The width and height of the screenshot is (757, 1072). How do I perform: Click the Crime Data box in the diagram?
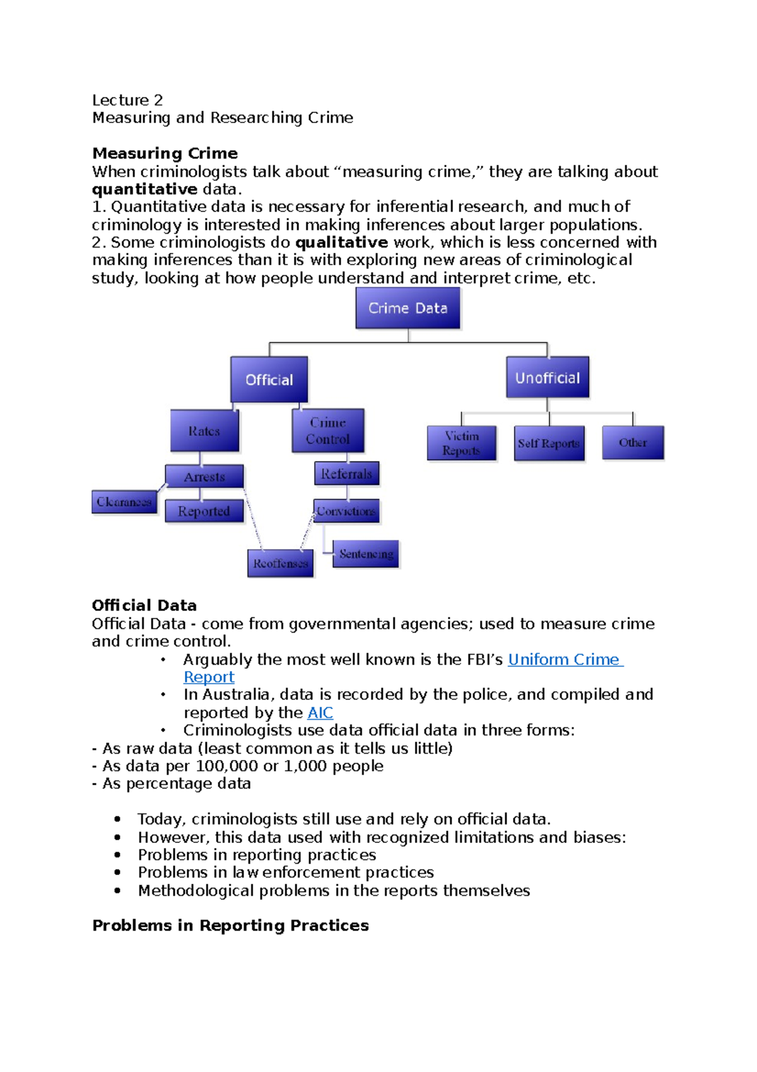(x=408, y=308)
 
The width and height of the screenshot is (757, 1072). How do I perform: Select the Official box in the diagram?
(x=269, y=379)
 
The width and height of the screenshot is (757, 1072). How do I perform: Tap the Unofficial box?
(x=548, y=378)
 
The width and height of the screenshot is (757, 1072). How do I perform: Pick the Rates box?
(x=204, y=431)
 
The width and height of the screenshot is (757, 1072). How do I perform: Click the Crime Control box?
(x=328, y=431)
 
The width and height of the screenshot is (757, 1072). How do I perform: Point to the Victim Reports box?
(x=461, y=443)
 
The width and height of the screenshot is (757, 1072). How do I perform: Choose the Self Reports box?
(x=549, y=443)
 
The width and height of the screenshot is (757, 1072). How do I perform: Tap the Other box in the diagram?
(x=633, y=443)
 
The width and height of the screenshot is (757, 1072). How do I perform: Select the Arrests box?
(x=204, y=477)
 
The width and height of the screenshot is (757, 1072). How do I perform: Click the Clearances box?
(x=124, y=502)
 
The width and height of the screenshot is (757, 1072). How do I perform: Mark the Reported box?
(x=204, y=511)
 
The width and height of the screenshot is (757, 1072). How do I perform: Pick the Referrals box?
(x=346, y=473)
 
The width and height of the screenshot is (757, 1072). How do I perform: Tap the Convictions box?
(x=346, y=511)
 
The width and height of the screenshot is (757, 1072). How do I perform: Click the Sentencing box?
(x=366, y=554)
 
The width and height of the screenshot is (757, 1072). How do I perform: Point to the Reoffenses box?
(x=281, y=563)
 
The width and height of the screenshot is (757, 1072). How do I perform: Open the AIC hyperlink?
(x=320, y=713)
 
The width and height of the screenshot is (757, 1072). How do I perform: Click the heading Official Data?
(x=144, y=605)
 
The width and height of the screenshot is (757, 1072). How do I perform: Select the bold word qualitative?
(x=341, y=242)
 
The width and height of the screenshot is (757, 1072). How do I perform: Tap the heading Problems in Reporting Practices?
(x=230, y=926)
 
